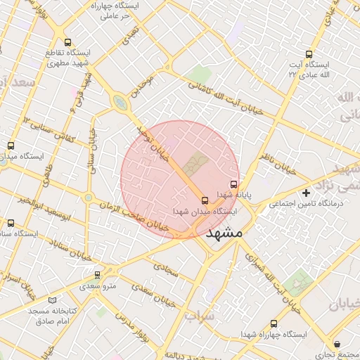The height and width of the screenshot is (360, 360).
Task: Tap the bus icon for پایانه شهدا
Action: (234, 184)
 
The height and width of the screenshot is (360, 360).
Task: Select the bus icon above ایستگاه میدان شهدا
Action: (205, 200)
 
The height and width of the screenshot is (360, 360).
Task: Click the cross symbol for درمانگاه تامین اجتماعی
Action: (305, 193)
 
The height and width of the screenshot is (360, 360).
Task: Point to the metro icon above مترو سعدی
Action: (97, 275)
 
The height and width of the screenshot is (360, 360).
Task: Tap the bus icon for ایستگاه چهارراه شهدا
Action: (273, 324)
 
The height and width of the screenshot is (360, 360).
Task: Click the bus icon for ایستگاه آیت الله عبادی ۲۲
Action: (309, 54)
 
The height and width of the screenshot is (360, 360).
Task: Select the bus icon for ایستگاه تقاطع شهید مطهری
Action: (67, 42)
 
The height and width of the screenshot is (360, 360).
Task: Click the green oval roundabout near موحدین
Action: (121, 104)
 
